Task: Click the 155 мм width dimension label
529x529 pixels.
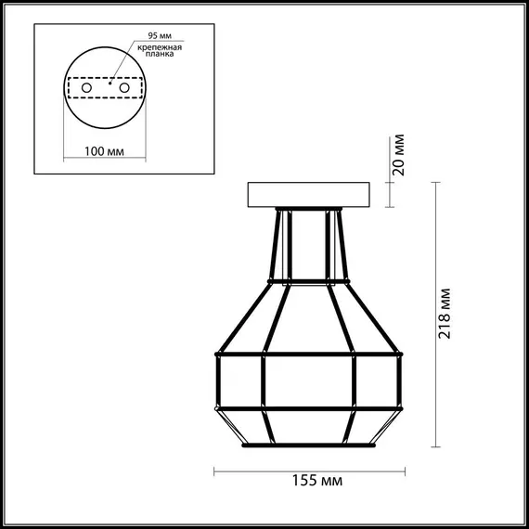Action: (x=310, y=481)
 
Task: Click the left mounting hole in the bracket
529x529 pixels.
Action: (x=87, y=86)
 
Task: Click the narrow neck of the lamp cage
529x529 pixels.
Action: (x=309, y=243)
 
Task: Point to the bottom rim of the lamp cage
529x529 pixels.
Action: (x=309, y=443)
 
